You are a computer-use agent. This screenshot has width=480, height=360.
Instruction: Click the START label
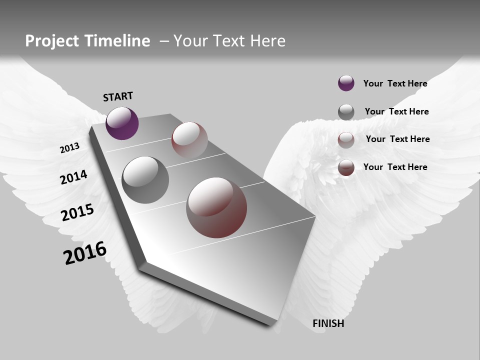pos(118,96)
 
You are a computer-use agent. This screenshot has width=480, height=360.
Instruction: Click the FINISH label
pos(328,323)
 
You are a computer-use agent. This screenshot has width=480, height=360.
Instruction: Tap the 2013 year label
pos(69,148)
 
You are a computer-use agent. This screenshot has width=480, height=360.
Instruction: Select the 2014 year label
pos(73,177)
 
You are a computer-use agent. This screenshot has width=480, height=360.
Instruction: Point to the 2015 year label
pos(77,212)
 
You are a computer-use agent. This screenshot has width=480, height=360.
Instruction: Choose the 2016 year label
pos(85,252)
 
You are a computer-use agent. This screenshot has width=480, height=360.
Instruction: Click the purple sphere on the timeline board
pos(122,123)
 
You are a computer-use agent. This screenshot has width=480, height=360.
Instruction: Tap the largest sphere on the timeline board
pos(216,207)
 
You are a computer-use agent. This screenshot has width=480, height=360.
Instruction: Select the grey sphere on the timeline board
pos(145,180)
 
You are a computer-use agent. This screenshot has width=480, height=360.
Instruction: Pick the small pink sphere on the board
pos(189,139)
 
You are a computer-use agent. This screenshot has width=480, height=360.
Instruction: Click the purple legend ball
pos(346,83)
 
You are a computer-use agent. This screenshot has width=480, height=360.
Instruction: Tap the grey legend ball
pos(346,112)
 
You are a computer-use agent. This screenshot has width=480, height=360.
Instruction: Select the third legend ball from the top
pos(346,140)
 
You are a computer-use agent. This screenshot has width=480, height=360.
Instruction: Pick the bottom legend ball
pos(346,167)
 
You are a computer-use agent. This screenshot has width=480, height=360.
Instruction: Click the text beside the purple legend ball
pos(395,83)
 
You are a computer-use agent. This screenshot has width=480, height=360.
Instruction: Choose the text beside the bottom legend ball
pos(395,167)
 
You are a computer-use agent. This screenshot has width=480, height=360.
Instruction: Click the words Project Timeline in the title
pos(87,41)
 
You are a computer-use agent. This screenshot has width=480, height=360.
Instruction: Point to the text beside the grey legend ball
pos(397,111)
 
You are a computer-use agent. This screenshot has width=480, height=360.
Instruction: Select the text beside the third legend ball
pos(398,139)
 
